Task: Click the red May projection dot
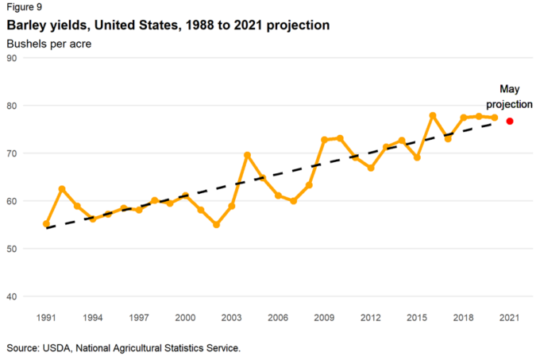510,121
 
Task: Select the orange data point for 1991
46,224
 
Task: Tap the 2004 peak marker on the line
247,155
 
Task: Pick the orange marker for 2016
433,116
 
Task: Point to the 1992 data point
62,189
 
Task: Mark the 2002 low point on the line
216,225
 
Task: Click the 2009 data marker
324,140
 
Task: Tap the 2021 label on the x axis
509,318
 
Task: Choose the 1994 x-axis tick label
92,318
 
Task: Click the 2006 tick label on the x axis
278,318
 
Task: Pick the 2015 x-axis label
417,318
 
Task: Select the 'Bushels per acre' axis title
48,43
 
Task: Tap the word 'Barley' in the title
25,25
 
